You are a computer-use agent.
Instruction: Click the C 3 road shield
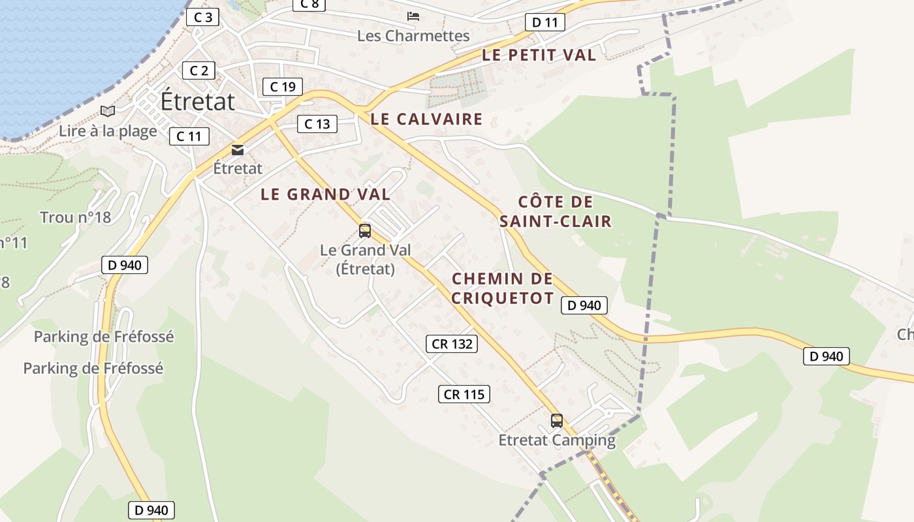click(202, 17)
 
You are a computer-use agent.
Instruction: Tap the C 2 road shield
click(198, 70)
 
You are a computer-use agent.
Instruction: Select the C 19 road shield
click(283, 86)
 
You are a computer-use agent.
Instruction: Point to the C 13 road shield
click(317, 123)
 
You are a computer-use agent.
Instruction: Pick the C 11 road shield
click(189, 136)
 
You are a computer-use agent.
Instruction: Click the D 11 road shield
click(545, 22)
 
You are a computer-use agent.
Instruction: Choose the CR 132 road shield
click(452, 344)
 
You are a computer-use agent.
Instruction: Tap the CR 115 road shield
click(464, 394)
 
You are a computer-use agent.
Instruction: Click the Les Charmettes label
click(413, 36)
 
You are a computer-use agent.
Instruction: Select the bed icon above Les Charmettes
click(413, 16)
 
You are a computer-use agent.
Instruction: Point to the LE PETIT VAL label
click(539, 55)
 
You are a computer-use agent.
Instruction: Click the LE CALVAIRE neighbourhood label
click(426, 119)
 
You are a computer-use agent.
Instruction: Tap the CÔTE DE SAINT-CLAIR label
click(556, 211)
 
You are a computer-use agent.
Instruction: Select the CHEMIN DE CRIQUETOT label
click(503, 288)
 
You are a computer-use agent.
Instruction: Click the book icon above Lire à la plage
click(108, 112)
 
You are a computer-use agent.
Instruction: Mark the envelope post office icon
click(238, 150)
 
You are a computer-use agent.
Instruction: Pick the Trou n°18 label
click(75, 217)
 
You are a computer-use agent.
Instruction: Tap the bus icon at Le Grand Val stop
click(365, 230)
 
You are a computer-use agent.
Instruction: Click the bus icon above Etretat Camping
click(556, 421)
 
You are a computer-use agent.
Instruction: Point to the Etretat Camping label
click(557, 440)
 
